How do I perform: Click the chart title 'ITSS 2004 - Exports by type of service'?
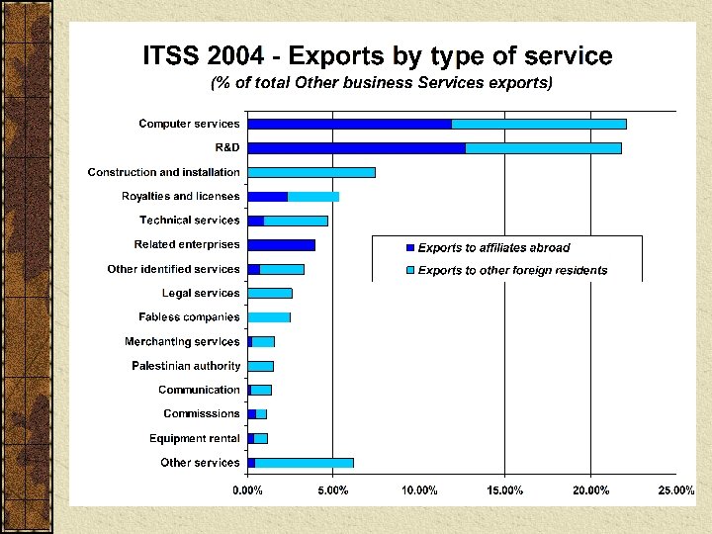pos(377,55)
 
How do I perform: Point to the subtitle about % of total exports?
pos(382,83)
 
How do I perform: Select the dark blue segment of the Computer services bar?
pos(349,124)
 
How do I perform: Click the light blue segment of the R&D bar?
pos(543,148)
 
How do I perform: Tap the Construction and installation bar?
pos(311,172)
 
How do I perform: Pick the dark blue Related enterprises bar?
pos(281,245)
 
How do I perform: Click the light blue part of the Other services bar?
pos(304,463)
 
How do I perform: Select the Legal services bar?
pos(269,293)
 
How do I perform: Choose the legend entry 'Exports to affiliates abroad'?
pos(492,247)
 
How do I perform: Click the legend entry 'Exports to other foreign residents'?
pos(511,270)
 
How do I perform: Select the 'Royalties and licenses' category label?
pos(180,196)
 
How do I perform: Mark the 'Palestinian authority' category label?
pos(186,366)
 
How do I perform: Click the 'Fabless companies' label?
pos(189,317)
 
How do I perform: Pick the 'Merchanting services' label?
pos(182,341)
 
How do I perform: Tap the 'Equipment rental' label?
pos(194,438)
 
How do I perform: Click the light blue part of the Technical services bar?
pos(296,221)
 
